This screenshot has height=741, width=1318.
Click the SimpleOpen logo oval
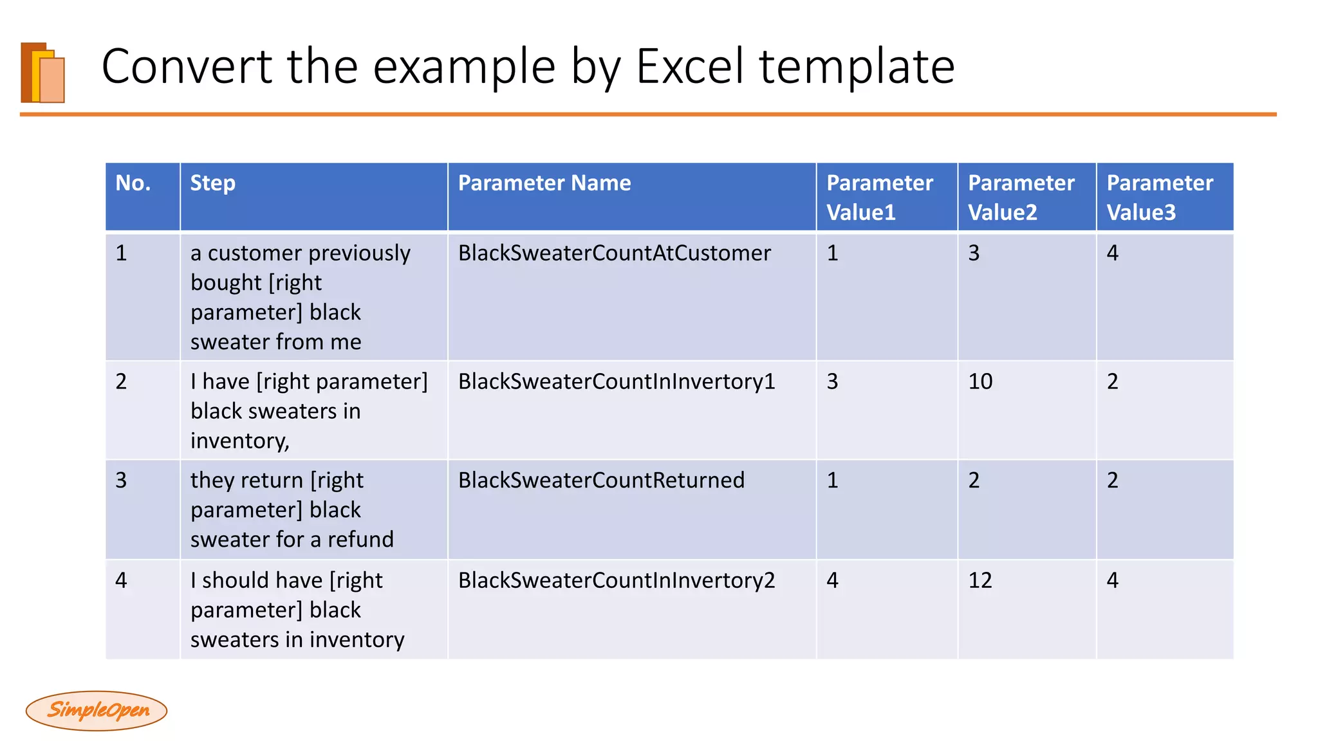click(97, 710)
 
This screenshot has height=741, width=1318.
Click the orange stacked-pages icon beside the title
click(43, 73)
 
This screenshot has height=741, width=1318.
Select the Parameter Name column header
click(544, 183)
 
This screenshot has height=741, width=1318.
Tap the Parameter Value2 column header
click(1021, 197)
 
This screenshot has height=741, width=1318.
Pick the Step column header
click(213, 183)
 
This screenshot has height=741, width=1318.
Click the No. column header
click(133, 183)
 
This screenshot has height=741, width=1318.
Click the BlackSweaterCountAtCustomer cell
click(614, 253)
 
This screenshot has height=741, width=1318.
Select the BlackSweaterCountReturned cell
click(601, 480)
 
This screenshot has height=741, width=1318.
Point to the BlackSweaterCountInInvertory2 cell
click(616, 580)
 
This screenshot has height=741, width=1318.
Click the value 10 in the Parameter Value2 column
click(980, 381)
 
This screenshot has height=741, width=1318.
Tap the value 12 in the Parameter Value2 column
click(980, 580)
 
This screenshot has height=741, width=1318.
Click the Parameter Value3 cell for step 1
click(1113, 253)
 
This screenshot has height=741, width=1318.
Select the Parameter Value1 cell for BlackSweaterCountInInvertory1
click(832, 381)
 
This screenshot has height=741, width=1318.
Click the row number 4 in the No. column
click(121, 580)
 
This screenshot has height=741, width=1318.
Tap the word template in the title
click(857, 66)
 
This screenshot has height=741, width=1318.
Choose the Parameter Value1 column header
click(879, 197)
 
